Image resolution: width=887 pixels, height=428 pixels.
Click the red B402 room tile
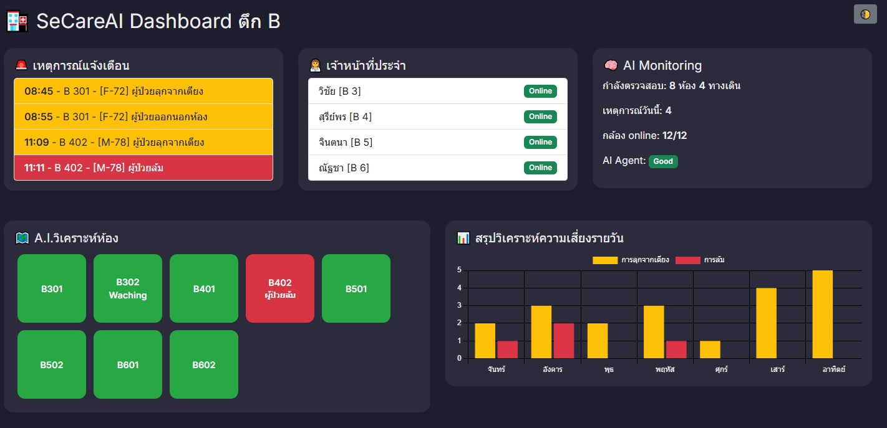(x=280, y=288)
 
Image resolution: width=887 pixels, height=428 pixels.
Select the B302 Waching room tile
(x=128, y=288)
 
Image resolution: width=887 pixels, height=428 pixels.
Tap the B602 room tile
(x=204, y=364)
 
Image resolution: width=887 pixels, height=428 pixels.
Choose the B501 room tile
(x=356, y=288)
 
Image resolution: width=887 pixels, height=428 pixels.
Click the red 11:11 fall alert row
(x=143, y=168)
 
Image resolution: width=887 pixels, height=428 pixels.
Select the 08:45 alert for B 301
(x=143, y=91)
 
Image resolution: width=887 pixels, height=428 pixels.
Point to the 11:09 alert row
(x=143, y=142)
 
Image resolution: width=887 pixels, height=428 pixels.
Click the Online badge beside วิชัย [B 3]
(x=540, y=91)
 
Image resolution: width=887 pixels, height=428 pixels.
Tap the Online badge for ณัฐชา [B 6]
(x=540, y=168)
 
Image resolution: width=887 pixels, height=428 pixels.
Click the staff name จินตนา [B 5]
(x=345, y=142)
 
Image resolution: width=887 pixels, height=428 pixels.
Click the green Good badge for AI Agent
(x=663, y=161)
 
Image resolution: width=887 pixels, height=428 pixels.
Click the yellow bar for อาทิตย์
(x=822, y=314)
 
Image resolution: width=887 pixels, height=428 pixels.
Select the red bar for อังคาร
(x=563, y=341)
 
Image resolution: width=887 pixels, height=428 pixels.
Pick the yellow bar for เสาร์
(x=766, y=323)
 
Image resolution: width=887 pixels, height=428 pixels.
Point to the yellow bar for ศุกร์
(x=710, y=350)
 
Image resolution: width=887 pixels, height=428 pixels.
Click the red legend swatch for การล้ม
(x=688, y=260)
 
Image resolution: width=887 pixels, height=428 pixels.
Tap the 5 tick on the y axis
(x=459, y=270)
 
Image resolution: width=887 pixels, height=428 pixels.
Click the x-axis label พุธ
(x=609, y=369)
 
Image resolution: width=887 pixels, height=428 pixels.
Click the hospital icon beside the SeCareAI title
(x=17, y=21)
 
